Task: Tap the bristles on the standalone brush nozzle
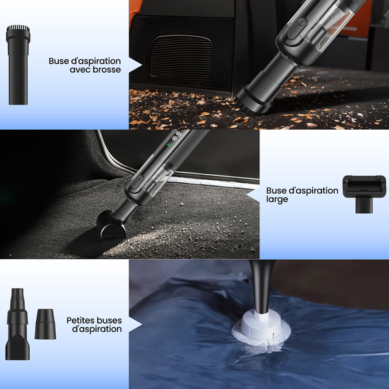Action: pyautogui.click(x=18, y=28)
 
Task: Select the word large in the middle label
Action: pyautogui.click(x=277, y=200)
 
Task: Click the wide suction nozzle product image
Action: pyautogui.click(x=364, y=194)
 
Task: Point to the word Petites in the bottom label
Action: pyautogui.click(x=82, y=320)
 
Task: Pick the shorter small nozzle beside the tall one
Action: pyautogui.click(x=45, y=324)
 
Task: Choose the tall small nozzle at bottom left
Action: pyautogui.click(x=18, y=324)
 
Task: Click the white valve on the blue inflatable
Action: pyautogui.click(x=261, y=327)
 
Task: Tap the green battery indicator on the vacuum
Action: pyautogui.click(x=170, y=144)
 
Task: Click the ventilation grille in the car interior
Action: pyautogui.click(x=181, y=56)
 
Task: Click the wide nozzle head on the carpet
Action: pyautogui.click(x=111, y=224)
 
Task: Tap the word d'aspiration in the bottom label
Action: pyautogui.click(x=97, y=329)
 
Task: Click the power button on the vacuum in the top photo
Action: pyautogui.click(x=302, y=22)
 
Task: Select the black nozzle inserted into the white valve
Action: pyautogui.click(x=262, y=285)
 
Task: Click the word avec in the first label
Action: pyautogui.click(x=79, y=70)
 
